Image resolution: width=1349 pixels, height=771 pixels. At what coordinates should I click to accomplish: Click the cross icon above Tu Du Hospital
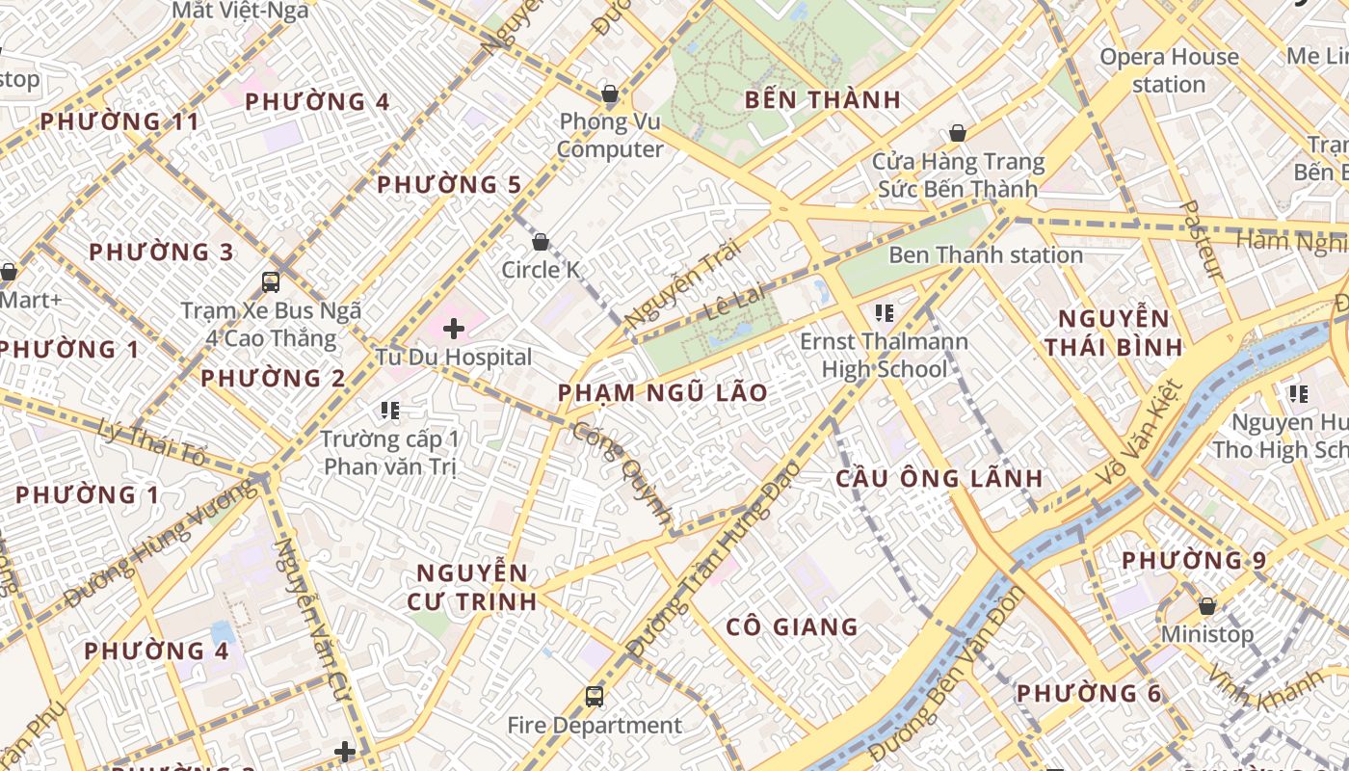coord(453,330)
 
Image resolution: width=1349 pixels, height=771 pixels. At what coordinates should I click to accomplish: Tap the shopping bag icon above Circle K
coord(541,242)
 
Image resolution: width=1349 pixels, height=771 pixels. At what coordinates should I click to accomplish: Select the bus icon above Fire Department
coord(595,697)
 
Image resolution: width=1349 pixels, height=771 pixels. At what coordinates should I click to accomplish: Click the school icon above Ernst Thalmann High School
coord(884,313)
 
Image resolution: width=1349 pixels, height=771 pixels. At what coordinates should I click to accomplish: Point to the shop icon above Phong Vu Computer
coord(609,93)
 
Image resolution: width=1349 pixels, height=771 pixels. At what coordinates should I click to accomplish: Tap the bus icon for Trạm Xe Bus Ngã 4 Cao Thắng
coord(271,282)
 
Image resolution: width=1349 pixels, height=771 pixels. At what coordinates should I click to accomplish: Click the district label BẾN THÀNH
coord(823,99)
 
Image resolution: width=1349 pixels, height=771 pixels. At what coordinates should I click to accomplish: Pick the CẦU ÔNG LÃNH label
coord(939,478)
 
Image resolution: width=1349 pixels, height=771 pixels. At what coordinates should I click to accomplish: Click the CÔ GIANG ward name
coord(791,626)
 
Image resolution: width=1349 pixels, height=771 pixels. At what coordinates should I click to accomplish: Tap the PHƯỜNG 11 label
coord(119,121)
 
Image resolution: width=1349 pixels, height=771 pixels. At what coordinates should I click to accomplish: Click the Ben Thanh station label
coord(985,255)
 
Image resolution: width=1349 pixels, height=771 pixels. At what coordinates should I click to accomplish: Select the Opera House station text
coord(1169,70)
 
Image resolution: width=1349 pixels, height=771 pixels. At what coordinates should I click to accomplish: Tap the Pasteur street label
coord(1201,240)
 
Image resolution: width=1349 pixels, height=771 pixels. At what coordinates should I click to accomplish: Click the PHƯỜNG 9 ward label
coord(1193,560)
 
